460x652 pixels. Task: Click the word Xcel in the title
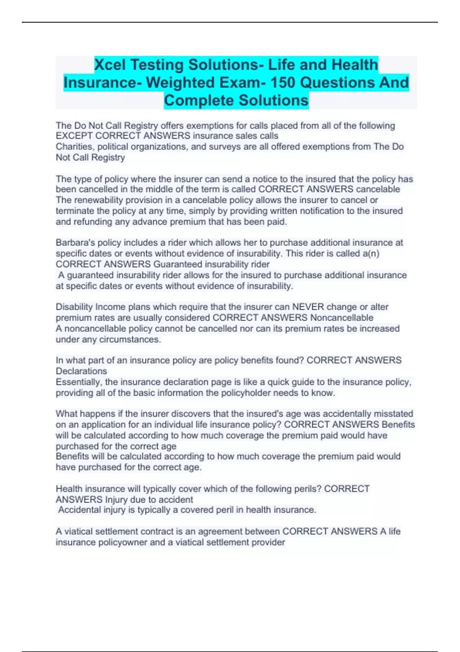click(110, 65)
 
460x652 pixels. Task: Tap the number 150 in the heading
click(285, 82)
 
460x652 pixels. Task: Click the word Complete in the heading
click(199, 100)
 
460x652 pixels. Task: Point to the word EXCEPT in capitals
click(74, 136)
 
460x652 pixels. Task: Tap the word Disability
click(74, 307)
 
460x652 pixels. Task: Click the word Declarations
click(81, 371)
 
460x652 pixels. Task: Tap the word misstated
click(394, 414)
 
